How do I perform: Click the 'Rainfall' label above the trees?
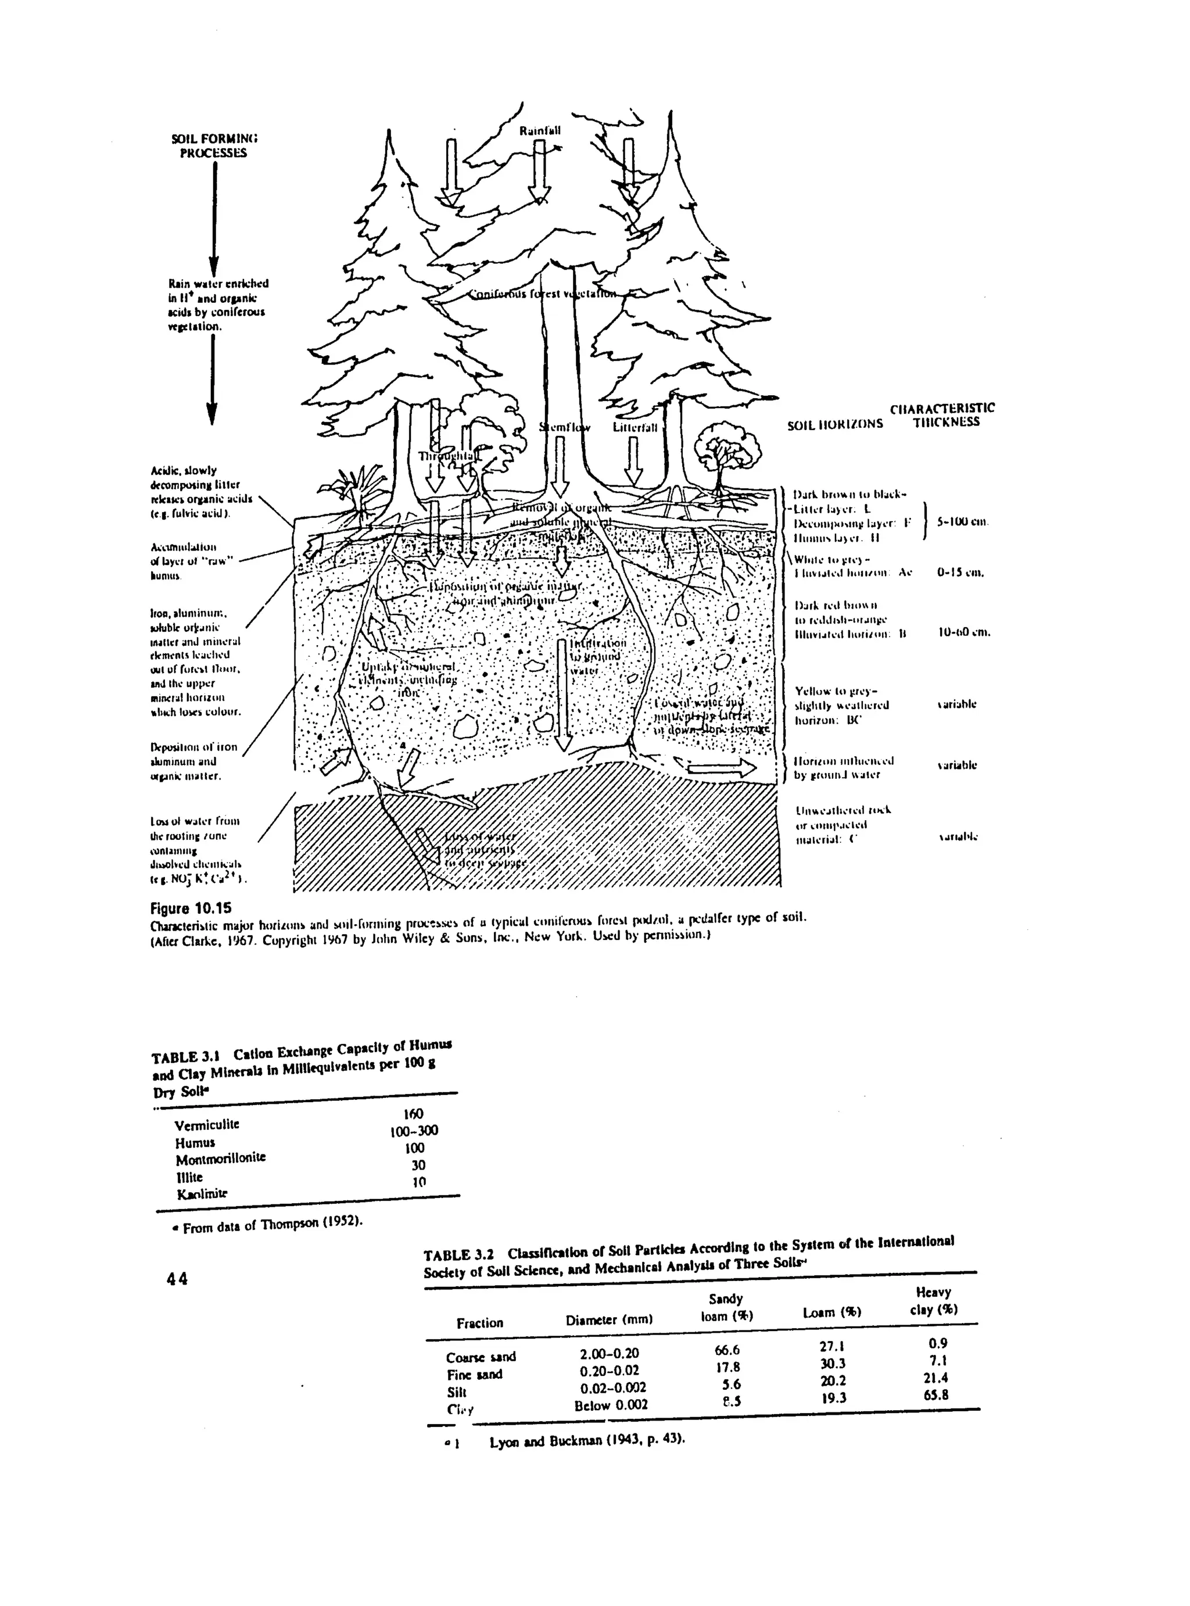[x=540, y=131]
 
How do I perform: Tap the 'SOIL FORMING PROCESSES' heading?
[x=214, y=145]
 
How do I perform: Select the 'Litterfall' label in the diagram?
[x=635, y=427]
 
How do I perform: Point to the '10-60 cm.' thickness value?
[x=965, y=632]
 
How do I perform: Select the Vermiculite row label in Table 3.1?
[x=207, y=1124]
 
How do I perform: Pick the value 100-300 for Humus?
[x=414, y=1131]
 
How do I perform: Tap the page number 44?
[x=177, y=1278]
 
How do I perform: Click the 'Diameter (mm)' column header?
[x=609, y=1319]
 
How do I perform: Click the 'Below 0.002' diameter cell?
[x=611, y=1404]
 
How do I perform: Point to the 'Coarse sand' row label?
[x=481, y=1357]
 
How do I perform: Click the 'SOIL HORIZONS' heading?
[x=834, y=424]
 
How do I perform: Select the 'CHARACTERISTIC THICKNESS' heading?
[x=942, y=415]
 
